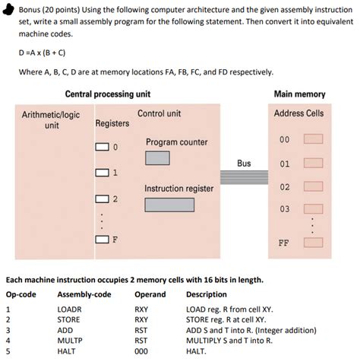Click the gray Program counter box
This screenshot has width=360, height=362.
157,158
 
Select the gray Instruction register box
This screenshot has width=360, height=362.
169,205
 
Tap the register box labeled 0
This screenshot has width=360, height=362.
102,147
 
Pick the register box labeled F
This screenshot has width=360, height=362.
102,240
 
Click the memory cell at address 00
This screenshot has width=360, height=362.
314,139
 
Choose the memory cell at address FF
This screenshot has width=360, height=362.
314,243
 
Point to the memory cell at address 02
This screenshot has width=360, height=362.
314,186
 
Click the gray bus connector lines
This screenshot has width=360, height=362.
244,177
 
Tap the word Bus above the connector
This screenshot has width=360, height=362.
244,164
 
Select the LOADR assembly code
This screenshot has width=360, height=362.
69,310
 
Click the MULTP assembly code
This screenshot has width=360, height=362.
70,341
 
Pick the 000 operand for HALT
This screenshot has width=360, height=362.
141,351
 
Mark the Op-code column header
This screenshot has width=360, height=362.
21,294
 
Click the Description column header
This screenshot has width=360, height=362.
207,294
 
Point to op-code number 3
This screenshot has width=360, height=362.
8,330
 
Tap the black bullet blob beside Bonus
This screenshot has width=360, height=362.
8,10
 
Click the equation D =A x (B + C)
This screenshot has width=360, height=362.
42,52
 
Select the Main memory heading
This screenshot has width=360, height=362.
300,94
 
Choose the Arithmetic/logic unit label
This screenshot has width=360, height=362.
51,120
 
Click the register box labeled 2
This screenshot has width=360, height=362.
102,199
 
